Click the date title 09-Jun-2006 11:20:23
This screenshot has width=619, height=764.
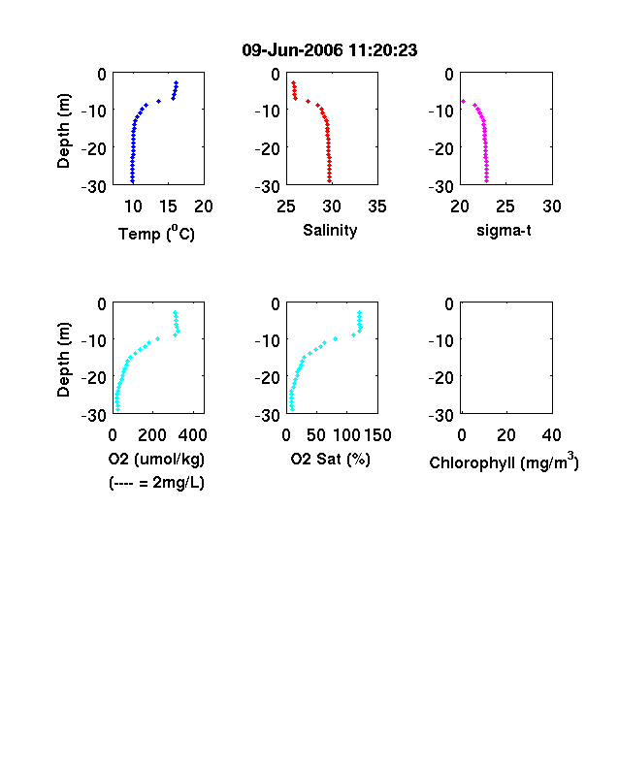pyautogui.click(x=330, y=50)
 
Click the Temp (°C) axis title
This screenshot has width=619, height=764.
pyautogui.click(x=156, y=234)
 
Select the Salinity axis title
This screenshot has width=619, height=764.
pyautogui.click(x=330, y=230)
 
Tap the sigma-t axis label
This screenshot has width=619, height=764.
pyautogui.click(x=504, y=231)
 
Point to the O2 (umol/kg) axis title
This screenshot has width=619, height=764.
pyautogui.click(x=156, y=459)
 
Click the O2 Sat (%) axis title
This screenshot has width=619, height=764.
pyautogui.click(x=331, y=459)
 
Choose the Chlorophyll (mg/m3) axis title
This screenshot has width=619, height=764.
pyautogui.click(x=504, y=461)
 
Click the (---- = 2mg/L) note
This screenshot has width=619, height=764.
pyautogui.click(x=156, y=483)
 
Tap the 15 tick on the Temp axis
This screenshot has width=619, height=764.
pyautogui.click(x=168, y=207)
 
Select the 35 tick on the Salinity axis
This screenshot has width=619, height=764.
pyautogui.click(x=377, y=207)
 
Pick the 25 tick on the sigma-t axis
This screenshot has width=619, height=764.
pyautogui.click(x=505, y=207)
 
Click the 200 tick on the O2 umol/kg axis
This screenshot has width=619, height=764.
pyautogui.click(x=152, y=435)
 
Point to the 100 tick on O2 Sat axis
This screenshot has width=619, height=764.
pyautogui.click(x=347, y=435)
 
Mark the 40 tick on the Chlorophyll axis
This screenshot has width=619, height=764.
pyautogui.click(x=551, y=435)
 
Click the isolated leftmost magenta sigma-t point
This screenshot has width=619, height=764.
pyautogui.click(x=463, y=102)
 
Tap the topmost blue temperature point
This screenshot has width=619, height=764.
pyautogui.click(x=177, y=82)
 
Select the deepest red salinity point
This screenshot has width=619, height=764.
pyautogui.click(x=330, y=181)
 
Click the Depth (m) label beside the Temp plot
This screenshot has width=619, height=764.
pyautogui.click(x=63, y=131)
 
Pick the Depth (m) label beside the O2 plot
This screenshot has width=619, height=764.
pyautogui.click(x=63, y=360)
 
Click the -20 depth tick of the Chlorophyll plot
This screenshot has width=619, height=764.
pyautogui.click(x=441, y=377)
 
